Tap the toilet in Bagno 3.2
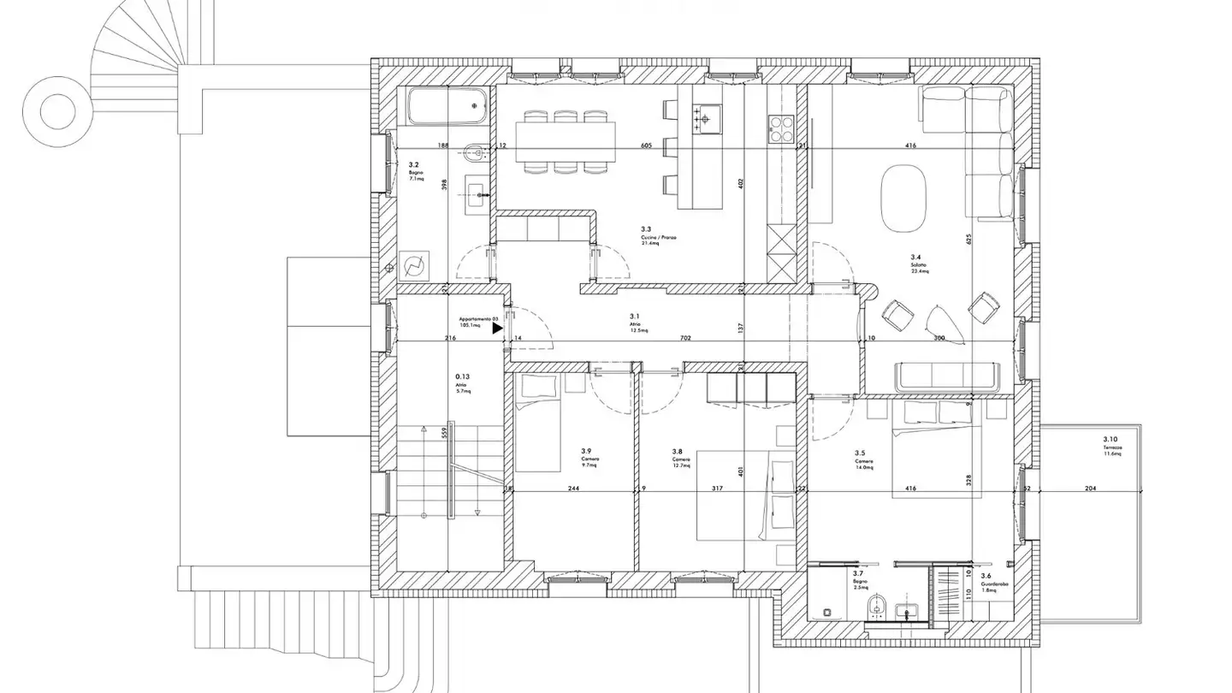click(x=473, y=155)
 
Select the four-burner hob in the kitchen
click(x=782, y=129)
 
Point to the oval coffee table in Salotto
click(x=904, y=192)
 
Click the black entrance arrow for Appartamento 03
click(x=498, y=328)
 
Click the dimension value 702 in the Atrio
click(x=685, y=339)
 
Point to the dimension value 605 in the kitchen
click(x=646, y=146)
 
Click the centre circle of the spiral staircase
click(x=57, y=110)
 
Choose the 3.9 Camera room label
click(x=589, y=455)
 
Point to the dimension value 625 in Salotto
click(x=969, y=240)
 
